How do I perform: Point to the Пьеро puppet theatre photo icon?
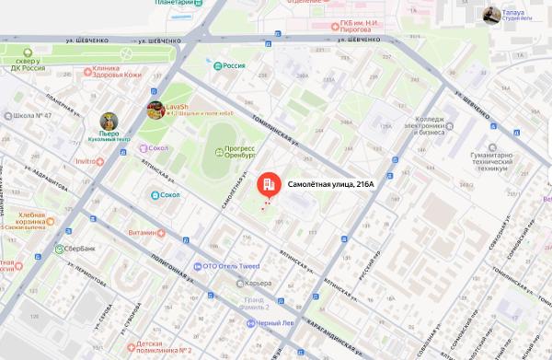(109, 122)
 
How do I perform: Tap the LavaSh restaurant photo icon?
(155, 110)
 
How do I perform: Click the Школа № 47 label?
(36, 117)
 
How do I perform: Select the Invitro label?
(88, 161)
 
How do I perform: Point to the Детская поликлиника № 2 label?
(157, 346)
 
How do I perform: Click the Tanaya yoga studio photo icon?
(492, 15)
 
